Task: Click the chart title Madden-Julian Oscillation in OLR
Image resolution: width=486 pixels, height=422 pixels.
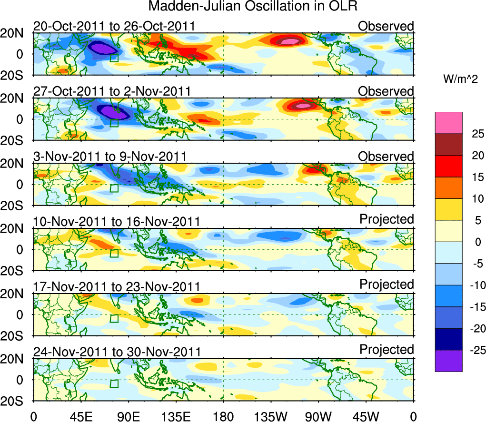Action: pos(253,7)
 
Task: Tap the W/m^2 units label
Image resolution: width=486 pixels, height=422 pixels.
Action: pos(461,79)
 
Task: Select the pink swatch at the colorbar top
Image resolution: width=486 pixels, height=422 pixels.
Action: pos(448,123)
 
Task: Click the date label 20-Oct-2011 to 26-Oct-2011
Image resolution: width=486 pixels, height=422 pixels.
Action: pos(114,26)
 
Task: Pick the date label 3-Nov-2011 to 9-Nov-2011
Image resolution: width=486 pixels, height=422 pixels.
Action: pos(109,157)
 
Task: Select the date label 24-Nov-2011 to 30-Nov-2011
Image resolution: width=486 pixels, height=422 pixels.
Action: pos(117,352)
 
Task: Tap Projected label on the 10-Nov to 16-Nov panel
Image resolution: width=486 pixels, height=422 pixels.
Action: pos(387,219)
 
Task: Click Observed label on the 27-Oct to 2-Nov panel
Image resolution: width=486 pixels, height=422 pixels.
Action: pos(386,91)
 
